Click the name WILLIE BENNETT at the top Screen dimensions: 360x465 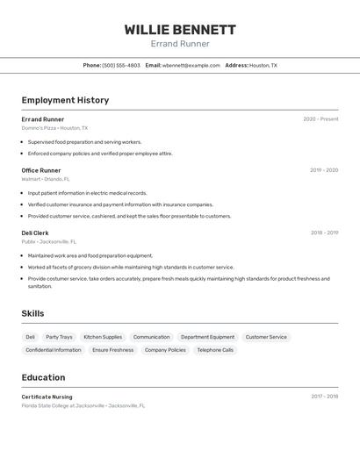(180, 29)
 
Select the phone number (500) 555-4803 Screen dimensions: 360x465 (121, 65)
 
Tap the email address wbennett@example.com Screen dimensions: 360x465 (191, 65)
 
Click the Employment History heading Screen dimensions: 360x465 (65, 100)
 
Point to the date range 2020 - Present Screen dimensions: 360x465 (320, 119)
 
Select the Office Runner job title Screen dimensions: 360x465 (41, 170)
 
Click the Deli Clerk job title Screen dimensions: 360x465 (36, 233)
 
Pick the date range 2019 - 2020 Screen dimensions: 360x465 (324, 170)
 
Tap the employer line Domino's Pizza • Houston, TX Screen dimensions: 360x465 (54, 128)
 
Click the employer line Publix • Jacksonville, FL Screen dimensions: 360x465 (49, 241)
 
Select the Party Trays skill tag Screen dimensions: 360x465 (59, 337)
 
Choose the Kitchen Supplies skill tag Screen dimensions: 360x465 (103, 337)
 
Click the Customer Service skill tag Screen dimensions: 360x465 (266, 337)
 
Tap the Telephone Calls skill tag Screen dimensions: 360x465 (215, 350)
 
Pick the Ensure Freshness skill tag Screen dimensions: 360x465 (113, 350)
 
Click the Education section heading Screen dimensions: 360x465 (43, 377)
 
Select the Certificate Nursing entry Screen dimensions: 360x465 (47, 397)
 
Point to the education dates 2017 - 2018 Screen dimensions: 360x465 (324, 397)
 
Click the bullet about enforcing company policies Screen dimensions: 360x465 (100, 154)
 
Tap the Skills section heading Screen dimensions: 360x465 (32, 313)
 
